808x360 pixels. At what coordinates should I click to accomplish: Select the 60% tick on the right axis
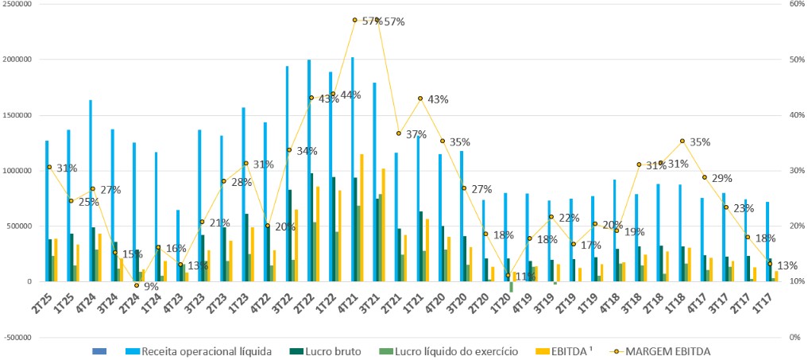[794, 4]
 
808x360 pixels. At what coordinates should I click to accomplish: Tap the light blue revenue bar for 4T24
[91, 191]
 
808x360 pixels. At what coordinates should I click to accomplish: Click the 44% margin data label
[350, 95]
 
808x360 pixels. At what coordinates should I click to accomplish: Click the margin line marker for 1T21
[420, 99]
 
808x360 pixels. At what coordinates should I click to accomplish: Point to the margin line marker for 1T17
[770, 265]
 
